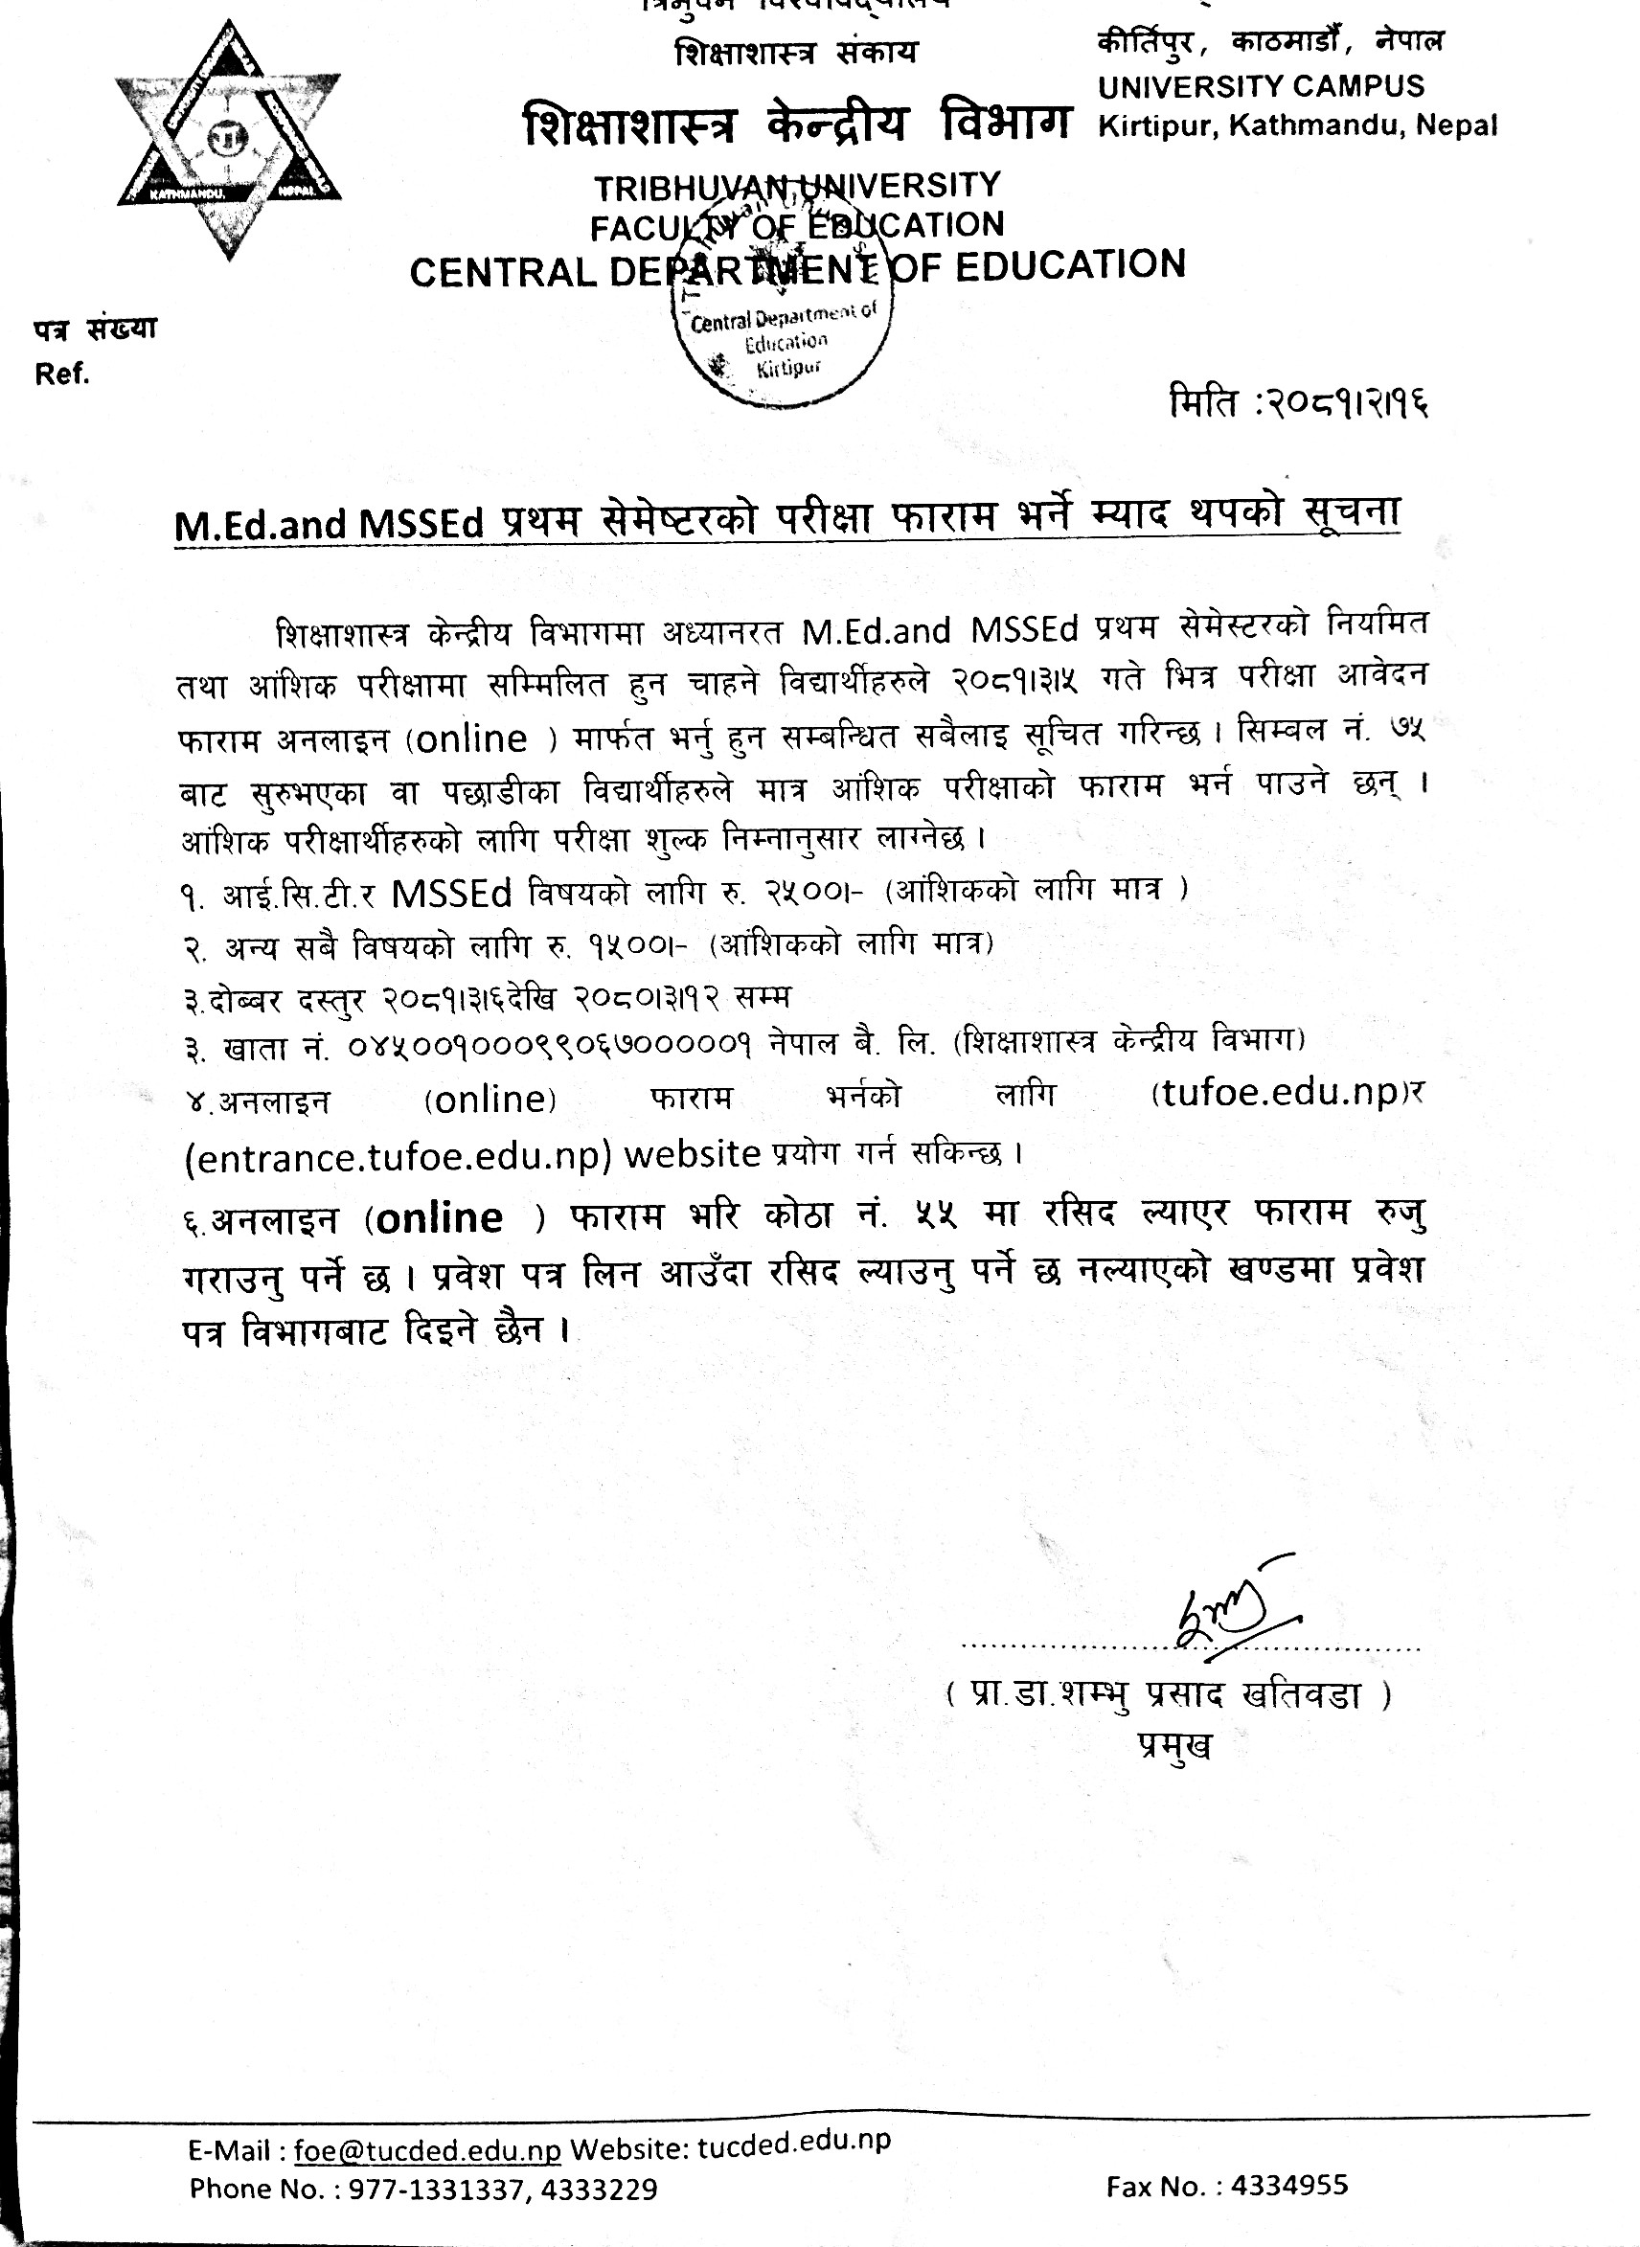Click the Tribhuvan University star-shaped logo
coord(229,140)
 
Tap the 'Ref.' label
coord(61,374)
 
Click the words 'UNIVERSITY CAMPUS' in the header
coord(1261,86)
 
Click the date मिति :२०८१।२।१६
coord(1299,403)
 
